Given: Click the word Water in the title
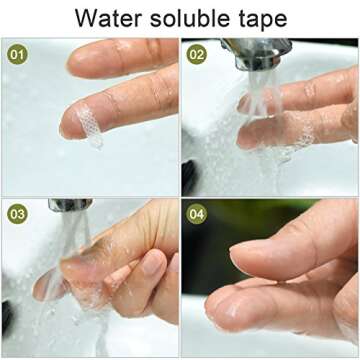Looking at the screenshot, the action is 109,18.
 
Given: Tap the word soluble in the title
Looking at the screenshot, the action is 189,18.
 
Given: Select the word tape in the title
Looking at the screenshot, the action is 261,20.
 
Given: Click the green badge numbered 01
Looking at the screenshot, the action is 17,54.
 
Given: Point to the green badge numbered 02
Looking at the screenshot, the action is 196,54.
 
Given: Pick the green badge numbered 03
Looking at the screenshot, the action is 17,214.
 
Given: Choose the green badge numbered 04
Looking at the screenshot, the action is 196,214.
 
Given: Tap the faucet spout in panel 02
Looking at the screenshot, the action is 256,53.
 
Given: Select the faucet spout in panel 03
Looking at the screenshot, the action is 70,205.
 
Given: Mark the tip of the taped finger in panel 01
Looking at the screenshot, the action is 63,127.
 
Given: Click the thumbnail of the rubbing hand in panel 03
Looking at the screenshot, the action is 153,263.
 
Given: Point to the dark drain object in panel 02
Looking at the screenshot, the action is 189,177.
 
